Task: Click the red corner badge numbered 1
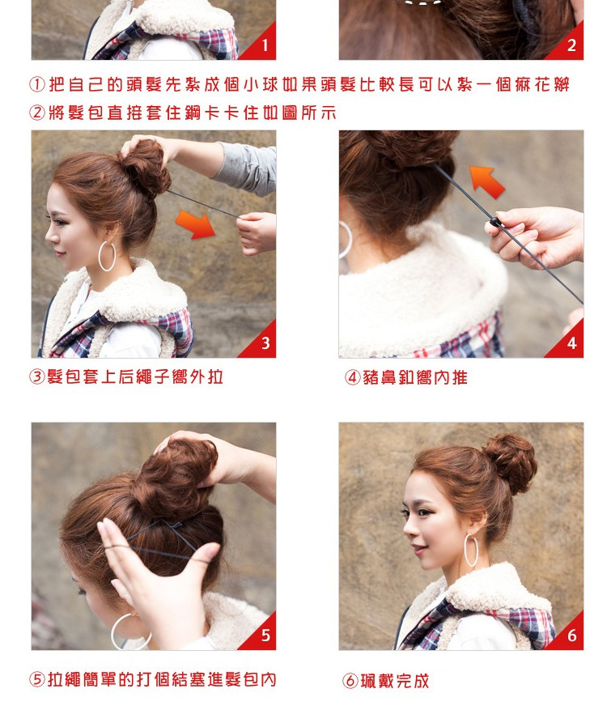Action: tap(263, 46)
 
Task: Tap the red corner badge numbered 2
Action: tap(571, 46)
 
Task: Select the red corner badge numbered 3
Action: tap(263, 344)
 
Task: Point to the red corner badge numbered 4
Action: tap(571, 344)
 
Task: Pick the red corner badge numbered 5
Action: tap(263, 636)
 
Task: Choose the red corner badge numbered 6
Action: tap(571, 636)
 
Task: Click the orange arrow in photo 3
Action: tap(197, 223)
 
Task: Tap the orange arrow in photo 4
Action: tap(487, 181)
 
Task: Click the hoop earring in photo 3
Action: tap(107, 255)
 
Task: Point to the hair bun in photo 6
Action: tap(509, 461)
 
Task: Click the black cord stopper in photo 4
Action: tap(494, 222)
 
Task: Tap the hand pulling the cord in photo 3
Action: tap(257, 232)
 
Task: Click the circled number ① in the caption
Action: tap(36, 85)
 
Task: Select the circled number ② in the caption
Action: tap(36, 113)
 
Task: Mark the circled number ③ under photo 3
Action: tap(36, 377)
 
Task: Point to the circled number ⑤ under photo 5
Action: tap(36, 680)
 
